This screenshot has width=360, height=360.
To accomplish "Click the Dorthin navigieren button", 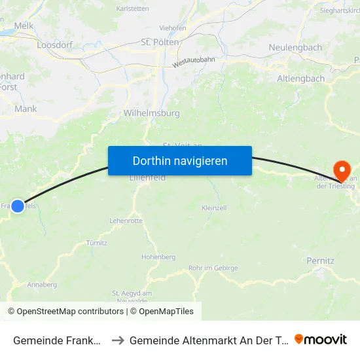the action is (180, 160).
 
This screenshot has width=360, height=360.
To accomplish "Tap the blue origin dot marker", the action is (18, 206).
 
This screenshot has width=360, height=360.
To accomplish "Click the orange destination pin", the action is (341, 171).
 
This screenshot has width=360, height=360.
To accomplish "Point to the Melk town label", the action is (24, 26).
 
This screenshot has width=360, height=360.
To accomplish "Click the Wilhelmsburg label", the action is (151, 113).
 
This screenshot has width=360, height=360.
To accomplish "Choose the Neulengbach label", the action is (295, 48).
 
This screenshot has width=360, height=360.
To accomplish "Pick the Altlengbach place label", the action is (301, 79).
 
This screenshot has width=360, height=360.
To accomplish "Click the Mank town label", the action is (26, 109).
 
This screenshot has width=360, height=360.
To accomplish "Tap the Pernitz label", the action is (320, 261).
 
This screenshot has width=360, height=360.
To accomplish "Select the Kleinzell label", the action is (215, 207).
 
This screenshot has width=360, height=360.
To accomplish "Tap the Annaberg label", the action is (42, 285).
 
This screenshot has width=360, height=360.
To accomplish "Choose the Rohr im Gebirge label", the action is (213, 268).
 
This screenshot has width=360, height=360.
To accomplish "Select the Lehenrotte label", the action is (126, 221).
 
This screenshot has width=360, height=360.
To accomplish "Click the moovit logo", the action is (321, 340).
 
